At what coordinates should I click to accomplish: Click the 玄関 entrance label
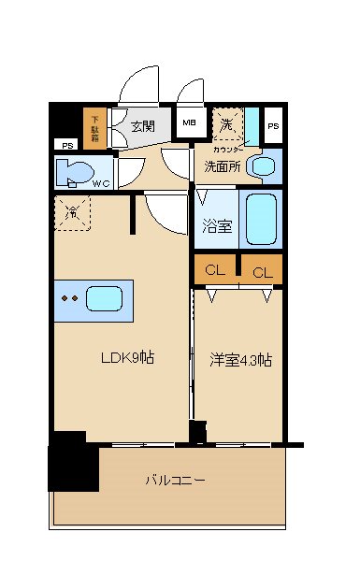pos(143,127)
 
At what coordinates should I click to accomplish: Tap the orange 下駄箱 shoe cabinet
pos(95,130)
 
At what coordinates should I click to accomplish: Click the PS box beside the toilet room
pos(66,145)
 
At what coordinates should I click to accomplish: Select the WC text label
pos(100,183)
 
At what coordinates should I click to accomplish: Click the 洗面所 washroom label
pos(223,167)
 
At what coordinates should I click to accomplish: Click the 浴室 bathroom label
pos(216,223)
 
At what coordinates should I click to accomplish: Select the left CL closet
pos(215,271)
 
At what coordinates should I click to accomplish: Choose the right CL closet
pos(262,272)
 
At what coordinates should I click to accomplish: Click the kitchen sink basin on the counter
pos(106,300)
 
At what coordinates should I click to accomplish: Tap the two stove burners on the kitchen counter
pos(67,300)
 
